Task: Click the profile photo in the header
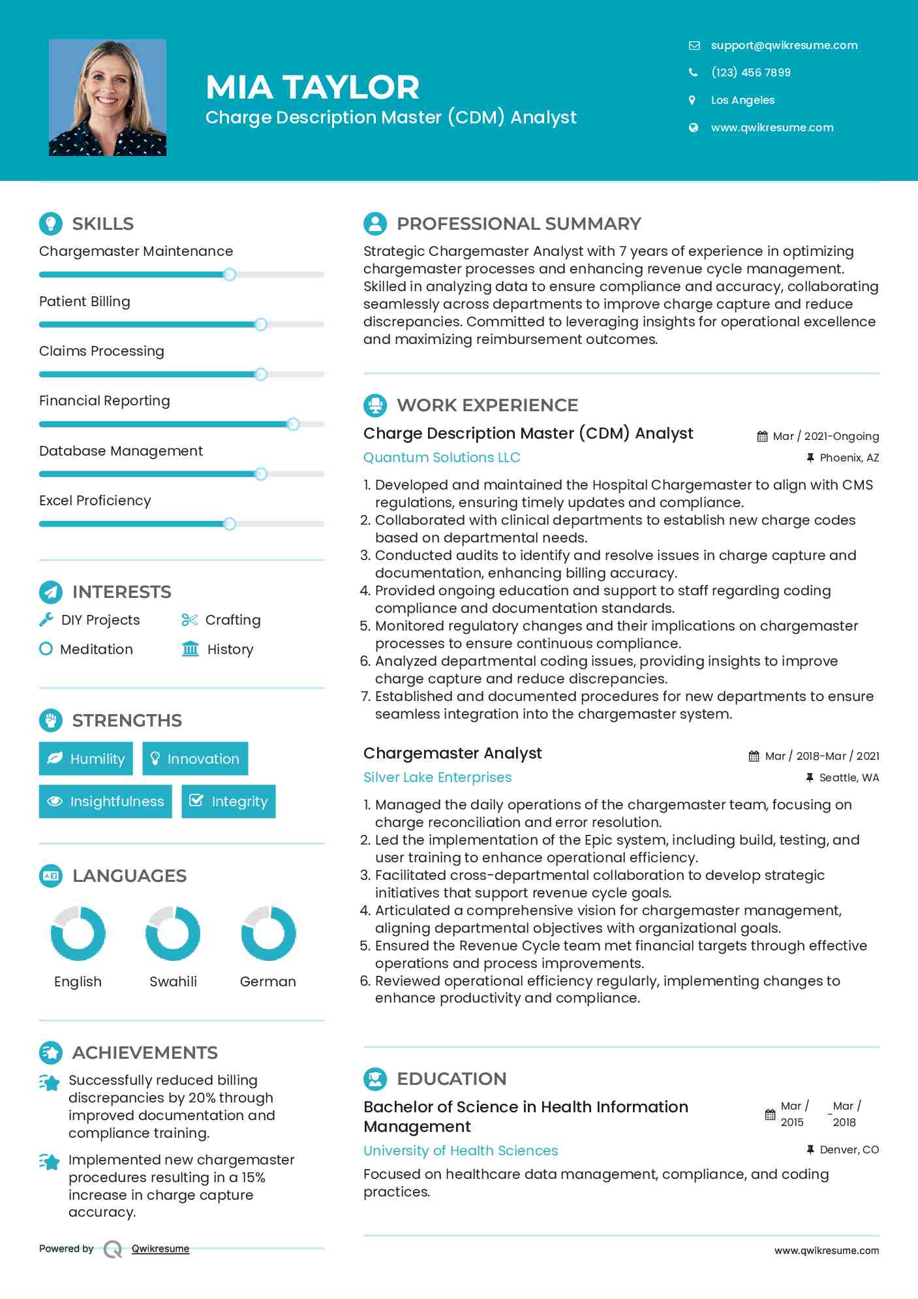pos(108,98)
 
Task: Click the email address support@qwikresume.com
pos(784,46)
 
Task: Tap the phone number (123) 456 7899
pos(750,72)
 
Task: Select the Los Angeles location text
pos(742,101)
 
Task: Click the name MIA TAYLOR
pos(313,87)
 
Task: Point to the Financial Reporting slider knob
pos(293,424)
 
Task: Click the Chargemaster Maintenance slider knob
pos(230,275)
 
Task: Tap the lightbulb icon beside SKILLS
pos(51,224)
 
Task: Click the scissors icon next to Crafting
pos(189,620)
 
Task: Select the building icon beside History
pos(190,649)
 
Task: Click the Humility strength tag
pos(86,759)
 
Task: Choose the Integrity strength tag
pos(228,802)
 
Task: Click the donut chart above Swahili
pos(173,933)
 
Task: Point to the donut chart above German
pos(268,933)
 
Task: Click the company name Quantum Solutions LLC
pos(442,458)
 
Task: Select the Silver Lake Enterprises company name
pos(437,777)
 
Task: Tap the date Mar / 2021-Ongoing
pos(825,437)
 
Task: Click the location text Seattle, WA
pos(849,778)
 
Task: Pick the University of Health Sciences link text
pos(461,1151)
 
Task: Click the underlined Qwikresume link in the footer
pos(161,1249)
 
